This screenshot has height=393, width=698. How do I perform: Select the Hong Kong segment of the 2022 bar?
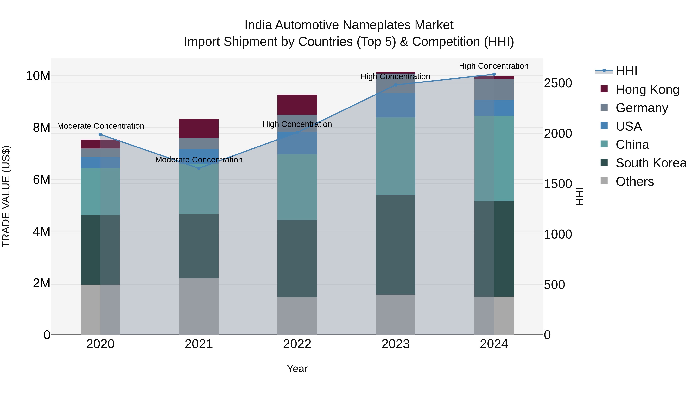(297, 104)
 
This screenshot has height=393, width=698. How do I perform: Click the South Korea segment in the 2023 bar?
(395, 245)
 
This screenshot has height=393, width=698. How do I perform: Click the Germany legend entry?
(642, 108)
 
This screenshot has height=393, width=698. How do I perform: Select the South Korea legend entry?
(651, 163)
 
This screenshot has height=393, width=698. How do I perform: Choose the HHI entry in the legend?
(626, 71)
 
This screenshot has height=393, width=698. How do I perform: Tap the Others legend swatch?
(604, 181)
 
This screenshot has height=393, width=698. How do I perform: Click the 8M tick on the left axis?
(41, 128)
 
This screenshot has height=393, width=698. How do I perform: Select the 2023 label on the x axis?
(395, 344)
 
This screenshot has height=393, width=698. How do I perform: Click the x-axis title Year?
(297, 369)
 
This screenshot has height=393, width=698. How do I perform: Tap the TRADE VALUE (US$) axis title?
(6, 196)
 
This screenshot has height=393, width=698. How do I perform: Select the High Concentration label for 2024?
(493, 66)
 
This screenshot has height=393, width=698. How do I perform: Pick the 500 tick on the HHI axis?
(554, 285)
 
